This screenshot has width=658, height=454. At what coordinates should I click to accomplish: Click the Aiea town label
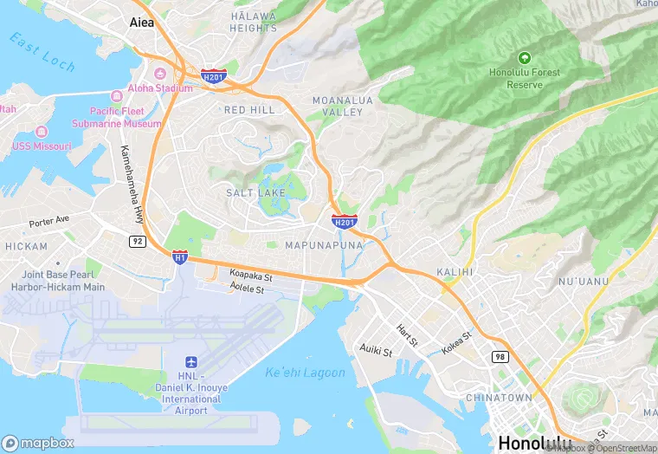click(x=141, y=23)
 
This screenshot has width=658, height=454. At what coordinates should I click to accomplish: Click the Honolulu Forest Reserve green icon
click(x=524, y=58)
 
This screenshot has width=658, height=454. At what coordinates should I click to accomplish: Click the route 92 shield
click(x=138, y=241)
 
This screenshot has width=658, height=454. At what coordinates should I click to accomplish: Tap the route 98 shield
click(x=500, y=356)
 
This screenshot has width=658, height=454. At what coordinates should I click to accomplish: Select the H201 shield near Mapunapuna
click(x=344, y=222)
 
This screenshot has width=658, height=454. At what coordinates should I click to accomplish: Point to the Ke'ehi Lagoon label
click(x=305, y=373)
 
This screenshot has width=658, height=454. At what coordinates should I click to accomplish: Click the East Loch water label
click(x=43, y=52)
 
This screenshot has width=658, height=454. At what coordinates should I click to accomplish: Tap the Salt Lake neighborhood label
click(x=255, y=192)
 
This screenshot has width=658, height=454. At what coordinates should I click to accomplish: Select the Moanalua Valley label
click(x=342, y=107)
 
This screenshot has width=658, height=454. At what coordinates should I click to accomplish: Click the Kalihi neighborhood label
click(x=455, y=271)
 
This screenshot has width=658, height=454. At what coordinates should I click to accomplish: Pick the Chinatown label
click(x=499, y=397)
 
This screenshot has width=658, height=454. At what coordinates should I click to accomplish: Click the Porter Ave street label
click(x=48, y=221)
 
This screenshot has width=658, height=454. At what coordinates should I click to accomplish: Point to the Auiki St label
click(x=376, y=351)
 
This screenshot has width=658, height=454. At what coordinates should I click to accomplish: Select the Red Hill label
click(x=249, y=110)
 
